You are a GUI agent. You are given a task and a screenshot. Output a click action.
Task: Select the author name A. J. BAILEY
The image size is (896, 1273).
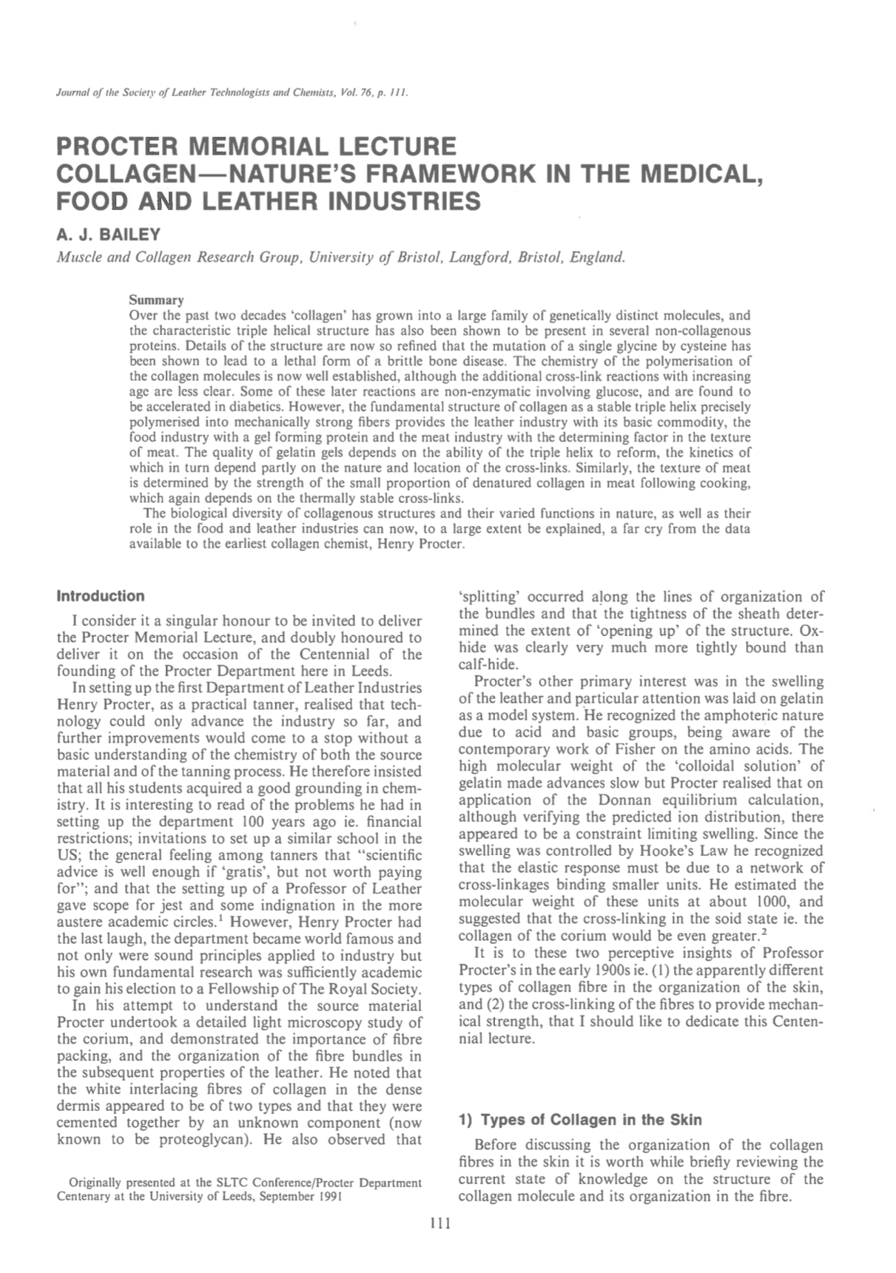[x=108, y=235]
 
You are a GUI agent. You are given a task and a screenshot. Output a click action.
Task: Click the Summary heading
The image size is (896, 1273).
[x=156, y=300]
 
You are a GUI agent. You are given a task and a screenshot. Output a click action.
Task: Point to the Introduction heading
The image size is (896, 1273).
[x=101, y=596]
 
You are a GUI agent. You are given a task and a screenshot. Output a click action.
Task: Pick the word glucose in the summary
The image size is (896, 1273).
[x=625, y=392]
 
